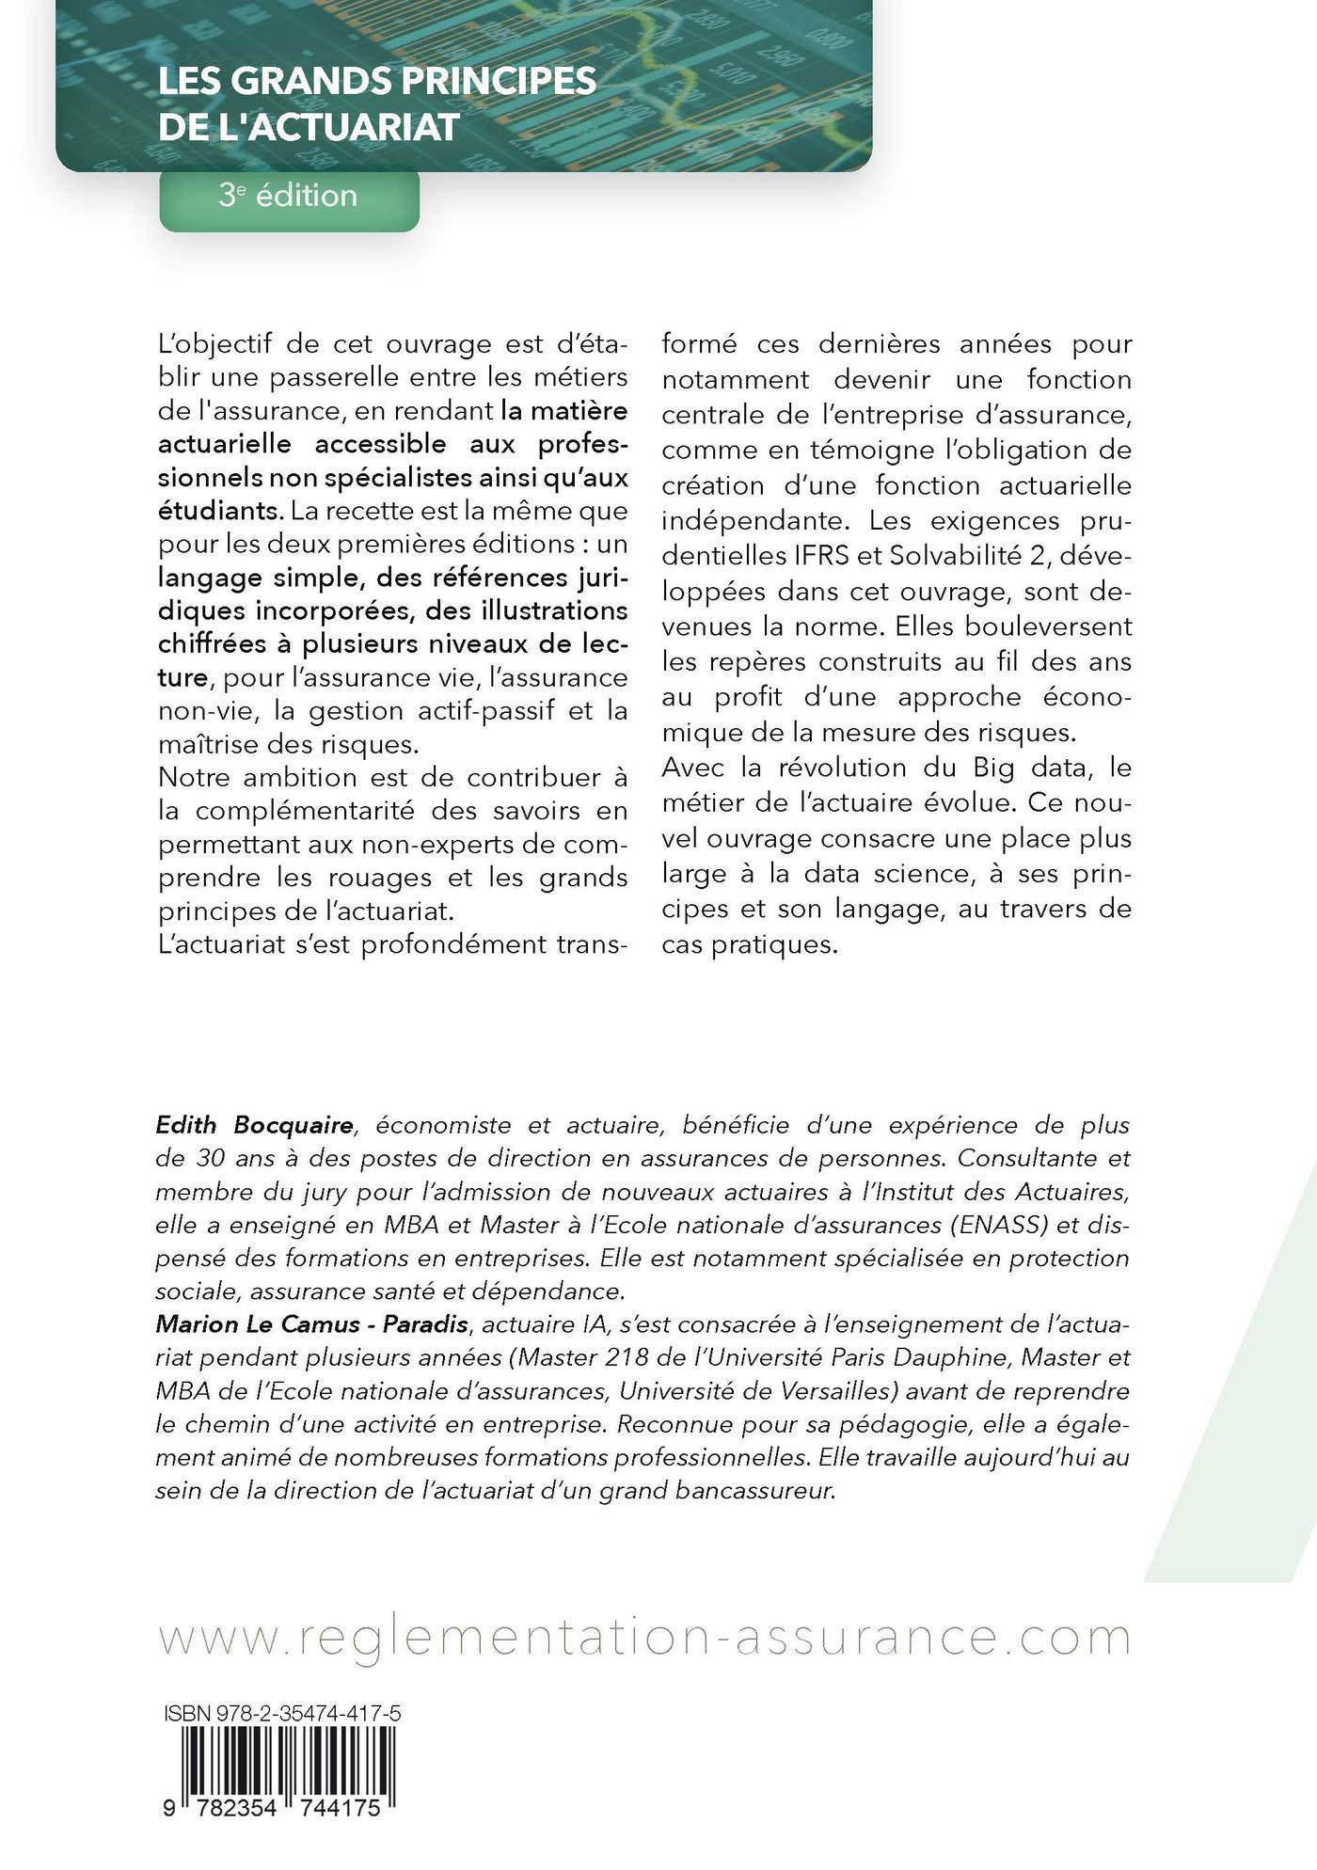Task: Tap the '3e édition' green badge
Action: pos(288,196)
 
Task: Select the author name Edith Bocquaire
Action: pos(254,1125)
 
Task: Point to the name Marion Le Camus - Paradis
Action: pos(311,1324)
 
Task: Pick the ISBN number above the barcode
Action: pos(282,1715)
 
